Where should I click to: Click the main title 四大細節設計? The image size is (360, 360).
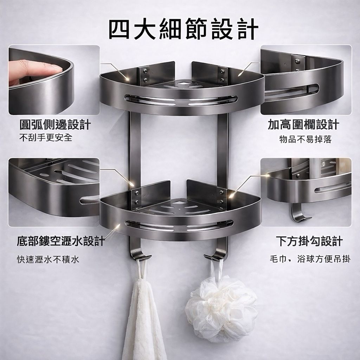point(184,30)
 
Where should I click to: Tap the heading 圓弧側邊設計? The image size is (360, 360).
point(55,125)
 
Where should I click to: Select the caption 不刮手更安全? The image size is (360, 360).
point(46,137)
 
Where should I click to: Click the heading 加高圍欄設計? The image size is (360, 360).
point(303,125)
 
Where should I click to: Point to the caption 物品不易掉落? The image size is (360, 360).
point(306,139)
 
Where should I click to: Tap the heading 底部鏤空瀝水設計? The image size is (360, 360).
point(61,241)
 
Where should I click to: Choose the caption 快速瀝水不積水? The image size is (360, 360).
point(48,259)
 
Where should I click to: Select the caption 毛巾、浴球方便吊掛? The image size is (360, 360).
point(310,259)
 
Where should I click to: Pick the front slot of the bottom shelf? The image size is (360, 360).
point(179,226)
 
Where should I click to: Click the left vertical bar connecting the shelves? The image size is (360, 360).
point(135,149)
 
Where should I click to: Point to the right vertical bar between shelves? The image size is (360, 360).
point(222,149)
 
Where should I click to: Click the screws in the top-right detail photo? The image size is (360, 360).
point(297,65)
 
